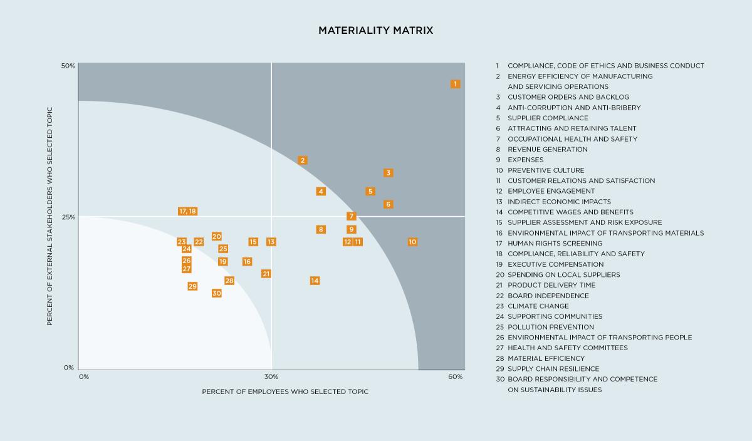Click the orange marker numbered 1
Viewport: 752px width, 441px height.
point(456,84)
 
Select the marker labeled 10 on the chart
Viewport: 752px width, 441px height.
point(412,242)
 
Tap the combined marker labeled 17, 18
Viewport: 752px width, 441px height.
point(187,211)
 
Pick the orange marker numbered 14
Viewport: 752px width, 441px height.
point(315,281)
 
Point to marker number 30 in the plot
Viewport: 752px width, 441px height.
point(217,293)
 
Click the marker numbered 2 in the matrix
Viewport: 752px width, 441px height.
point(303,160)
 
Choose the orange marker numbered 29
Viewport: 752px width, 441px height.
point(192,286)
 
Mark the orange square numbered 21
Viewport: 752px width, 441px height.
point(266,274)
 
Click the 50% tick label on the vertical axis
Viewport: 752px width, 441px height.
point(68,66)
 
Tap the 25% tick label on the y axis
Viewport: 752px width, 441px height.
point(68,217)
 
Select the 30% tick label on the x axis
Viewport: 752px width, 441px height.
point(271,376)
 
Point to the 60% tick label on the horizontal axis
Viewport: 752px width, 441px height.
point(456,376)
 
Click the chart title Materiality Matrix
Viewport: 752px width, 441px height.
point(375,30)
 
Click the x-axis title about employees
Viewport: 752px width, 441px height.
point(285,392)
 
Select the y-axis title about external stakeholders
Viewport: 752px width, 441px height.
point(50,216)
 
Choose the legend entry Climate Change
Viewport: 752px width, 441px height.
point(538,306)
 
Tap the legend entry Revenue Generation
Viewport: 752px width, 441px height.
point(547,149)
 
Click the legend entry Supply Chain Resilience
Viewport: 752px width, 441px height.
point(553,369)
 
